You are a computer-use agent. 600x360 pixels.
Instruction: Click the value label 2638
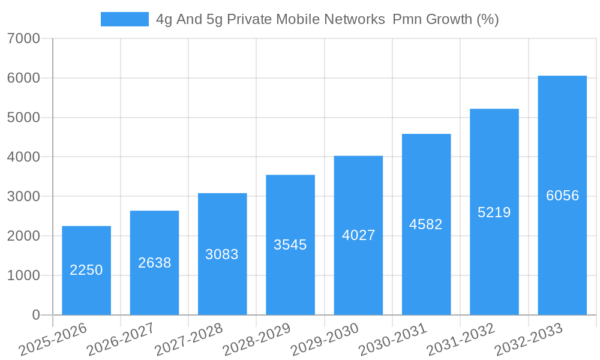point(155,263)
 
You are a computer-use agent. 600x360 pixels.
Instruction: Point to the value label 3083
point(222,254)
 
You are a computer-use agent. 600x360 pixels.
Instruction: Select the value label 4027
point(358,235)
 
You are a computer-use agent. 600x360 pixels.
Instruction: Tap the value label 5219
point(494,212)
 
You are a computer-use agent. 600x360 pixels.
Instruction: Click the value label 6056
point(562,196)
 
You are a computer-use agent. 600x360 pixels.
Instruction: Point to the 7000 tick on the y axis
point(24,39)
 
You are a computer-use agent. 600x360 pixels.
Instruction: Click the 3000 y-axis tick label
point(24,197)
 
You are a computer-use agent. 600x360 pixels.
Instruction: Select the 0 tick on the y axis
point(36,315)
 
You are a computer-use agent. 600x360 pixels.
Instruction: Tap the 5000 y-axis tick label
point(24,118)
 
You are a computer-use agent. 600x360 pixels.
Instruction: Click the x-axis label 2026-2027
point(121,340)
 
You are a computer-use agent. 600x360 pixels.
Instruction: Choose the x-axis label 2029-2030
point(325,340)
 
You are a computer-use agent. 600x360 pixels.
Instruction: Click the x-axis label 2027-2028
point(189,340)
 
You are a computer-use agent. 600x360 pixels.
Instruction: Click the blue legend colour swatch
point(124,19)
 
